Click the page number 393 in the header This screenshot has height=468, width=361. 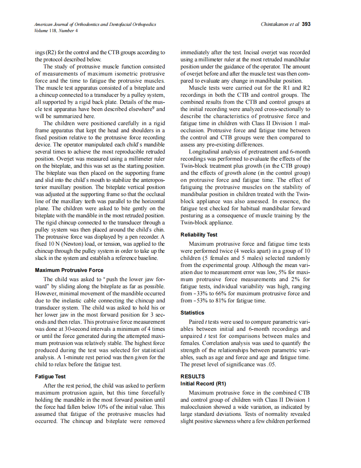tap(306, 24)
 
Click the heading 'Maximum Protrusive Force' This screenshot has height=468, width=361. tap(69, 270)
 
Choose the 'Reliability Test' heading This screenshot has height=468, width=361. tap(199, 235)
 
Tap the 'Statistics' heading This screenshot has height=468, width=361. tap(192, 312)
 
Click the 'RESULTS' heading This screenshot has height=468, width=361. tap(193, 376)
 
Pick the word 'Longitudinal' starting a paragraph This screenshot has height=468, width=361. tap(204, 151)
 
